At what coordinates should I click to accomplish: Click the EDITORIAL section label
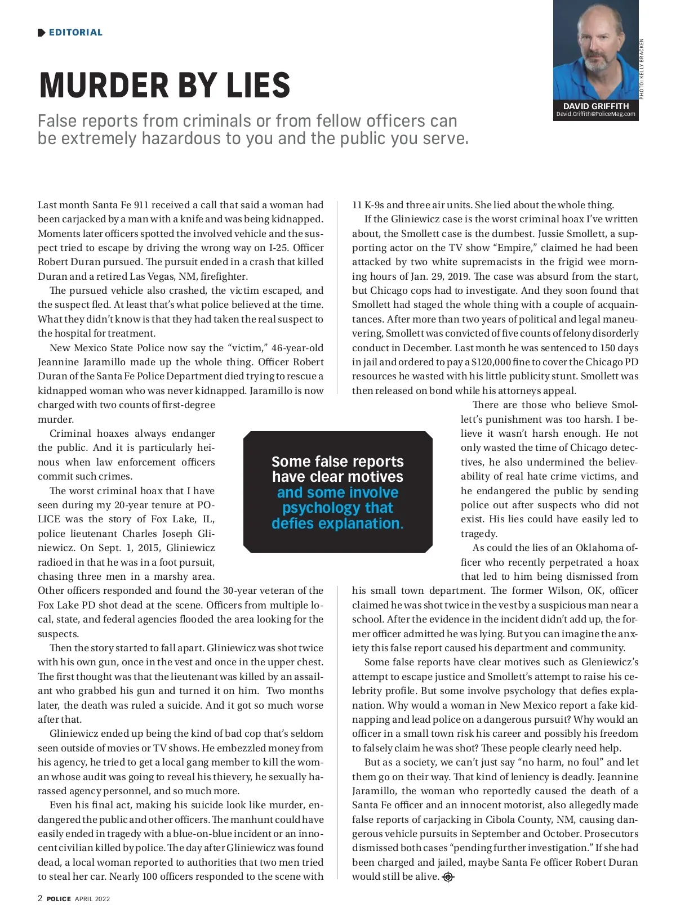point(75,33)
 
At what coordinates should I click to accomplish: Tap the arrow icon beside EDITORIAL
point(41,33)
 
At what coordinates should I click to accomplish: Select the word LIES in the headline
point(258,86)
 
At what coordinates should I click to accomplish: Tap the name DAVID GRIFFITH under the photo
point(595,106)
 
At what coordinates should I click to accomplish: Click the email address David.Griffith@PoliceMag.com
point(595,114)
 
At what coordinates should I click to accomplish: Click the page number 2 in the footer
point(40,898)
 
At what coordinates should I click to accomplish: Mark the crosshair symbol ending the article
point(448,877)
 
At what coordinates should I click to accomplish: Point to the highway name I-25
point(309,248)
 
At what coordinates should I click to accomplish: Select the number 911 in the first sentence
point(141,205)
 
